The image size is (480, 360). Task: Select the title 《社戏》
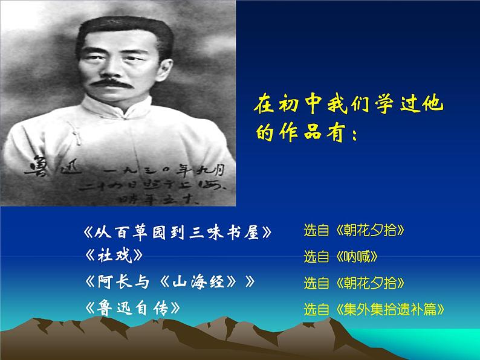coord(115,256)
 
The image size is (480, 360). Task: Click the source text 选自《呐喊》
coord(341,257)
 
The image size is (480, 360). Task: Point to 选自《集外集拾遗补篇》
coord(375,310)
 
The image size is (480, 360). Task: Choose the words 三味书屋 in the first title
coord(234,232)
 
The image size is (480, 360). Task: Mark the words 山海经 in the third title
coord(204,281)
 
